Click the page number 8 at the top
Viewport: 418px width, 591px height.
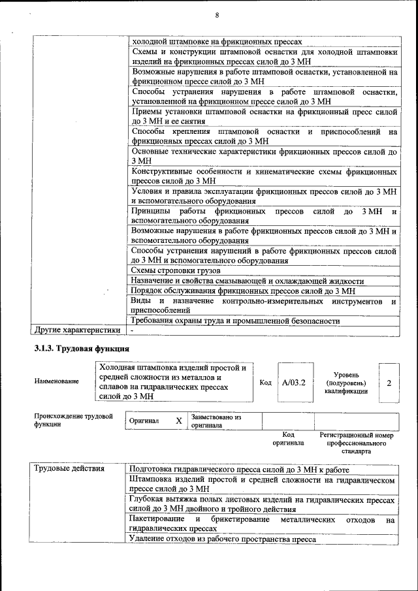(216, 15)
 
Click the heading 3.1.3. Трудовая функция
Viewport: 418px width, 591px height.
(80, 349)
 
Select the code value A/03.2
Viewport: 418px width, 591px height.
(294, 382)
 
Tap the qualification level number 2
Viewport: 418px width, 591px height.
(389, 382)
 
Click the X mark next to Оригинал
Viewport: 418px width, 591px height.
(178, 421)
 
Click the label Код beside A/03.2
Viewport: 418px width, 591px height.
(265, 382)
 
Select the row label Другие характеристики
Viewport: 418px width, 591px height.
(77, 330)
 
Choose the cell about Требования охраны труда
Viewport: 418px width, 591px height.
(235, 321)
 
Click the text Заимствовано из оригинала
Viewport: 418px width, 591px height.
(216, 421)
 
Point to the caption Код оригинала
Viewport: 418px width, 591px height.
(288, 438)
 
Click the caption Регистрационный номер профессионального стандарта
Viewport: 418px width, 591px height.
(356, 442)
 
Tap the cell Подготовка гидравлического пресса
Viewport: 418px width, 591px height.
(240, 470)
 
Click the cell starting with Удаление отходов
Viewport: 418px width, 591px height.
(223, 539)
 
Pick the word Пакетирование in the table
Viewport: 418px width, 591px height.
(157, 519)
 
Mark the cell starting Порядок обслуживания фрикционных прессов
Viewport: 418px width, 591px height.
(242, 291)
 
